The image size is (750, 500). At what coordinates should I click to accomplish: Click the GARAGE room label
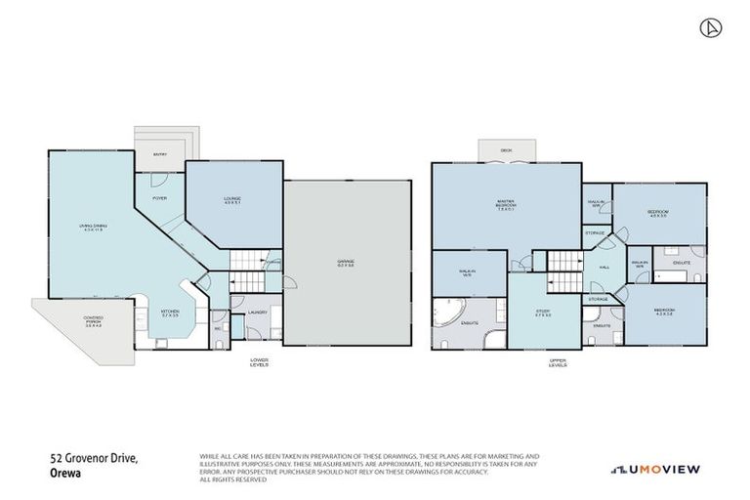347,263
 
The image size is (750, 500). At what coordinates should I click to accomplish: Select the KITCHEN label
171,314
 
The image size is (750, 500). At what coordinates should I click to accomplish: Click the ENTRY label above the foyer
159,154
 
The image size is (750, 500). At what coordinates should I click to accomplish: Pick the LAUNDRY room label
257,312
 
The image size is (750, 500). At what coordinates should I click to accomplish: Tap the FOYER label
160,198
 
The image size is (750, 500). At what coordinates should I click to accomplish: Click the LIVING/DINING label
92,229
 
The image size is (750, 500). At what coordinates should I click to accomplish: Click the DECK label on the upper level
506,150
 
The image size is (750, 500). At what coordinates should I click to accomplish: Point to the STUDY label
543,313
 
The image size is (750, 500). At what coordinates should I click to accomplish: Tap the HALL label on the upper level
605,267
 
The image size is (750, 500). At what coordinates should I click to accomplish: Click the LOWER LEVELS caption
259,362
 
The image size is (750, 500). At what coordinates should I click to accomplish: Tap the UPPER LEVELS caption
558,362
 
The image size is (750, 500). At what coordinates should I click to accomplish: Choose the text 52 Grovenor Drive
94,457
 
